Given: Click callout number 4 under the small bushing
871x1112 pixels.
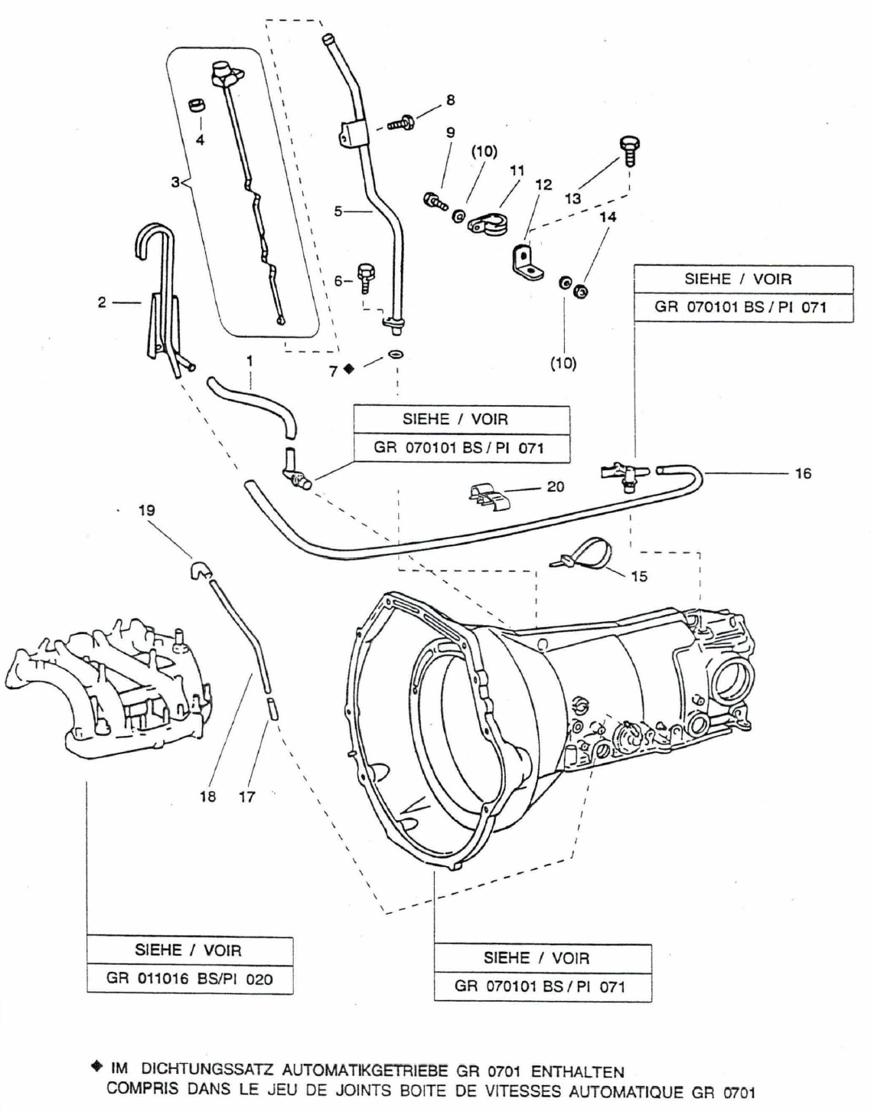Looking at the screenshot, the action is click(200, 139).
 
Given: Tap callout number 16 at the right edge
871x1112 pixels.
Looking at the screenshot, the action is click(804, 474).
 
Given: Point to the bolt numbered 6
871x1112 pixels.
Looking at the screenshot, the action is click(365, 279).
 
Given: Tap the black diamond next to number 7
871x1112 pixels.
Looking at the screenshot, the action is click(349, 368).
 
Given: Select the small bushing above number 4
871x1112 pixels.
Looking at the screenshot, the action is click(197, 107).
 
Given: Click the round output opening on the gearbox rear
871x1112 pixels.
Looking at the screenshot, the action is click(732, 682).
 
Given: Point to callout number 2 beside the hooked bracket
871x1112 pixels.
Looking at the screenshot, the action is click(102, 303).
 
